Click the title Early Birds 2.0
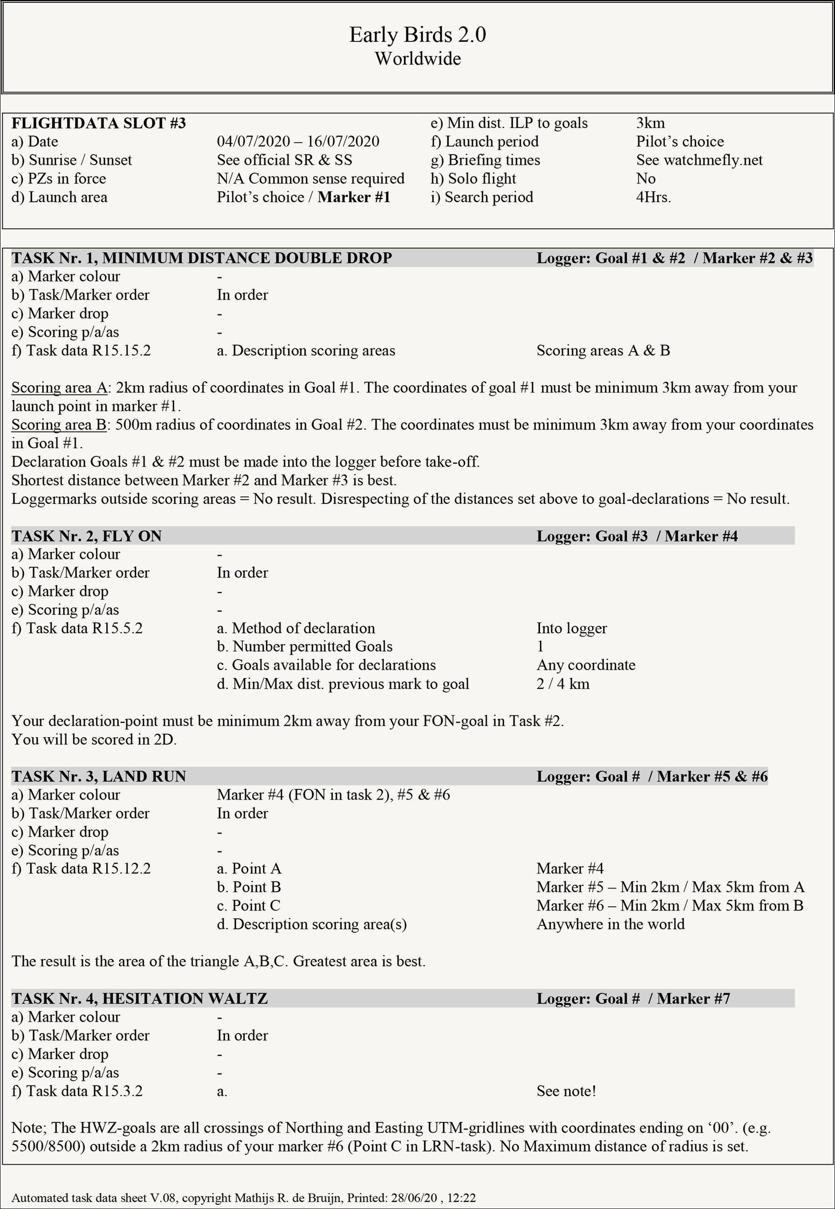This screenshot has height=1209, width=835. [417, 34]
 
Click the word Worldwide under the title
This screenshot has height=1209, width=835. [417, 59]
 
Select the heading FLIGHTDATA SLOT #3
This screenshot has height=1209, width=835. [99, 123]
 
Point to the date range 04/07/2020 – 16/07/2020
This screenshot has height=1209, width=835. [298, 142]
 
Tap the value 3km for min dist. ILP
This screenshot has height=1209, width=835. [650, 123]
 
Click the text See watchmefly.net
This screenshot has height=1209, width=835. [699, 160]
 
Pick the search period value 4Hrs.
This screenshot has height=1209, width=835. [653, 197]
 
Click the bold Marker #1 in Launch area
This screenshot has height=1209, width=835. [354, 197]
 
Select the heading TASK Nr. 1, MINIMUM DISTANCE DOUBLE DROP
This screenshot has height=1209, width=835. [201, 258]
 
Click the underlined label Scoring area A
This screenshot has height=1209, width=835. [59, 387]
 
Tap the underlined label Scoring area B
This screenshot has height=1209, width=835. [59, 425]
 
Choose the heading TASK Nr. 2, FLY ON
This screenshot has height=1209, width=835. [86, 536]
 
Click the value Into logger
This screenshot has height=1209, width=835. [571, 628]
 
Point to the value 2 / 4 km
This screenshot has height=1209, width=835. [562, 684]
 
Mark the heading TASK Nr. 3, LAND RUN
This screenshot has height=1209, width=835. [99, 776]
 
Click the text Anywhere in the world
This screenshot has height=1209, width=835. [610, 924]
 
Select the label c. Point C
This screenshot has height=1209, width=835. [248, 906]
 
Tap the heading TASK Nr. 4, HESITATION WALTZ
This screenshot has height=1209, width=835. [139, 998]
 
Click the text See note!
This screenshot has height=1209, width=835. [566, 1091]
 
